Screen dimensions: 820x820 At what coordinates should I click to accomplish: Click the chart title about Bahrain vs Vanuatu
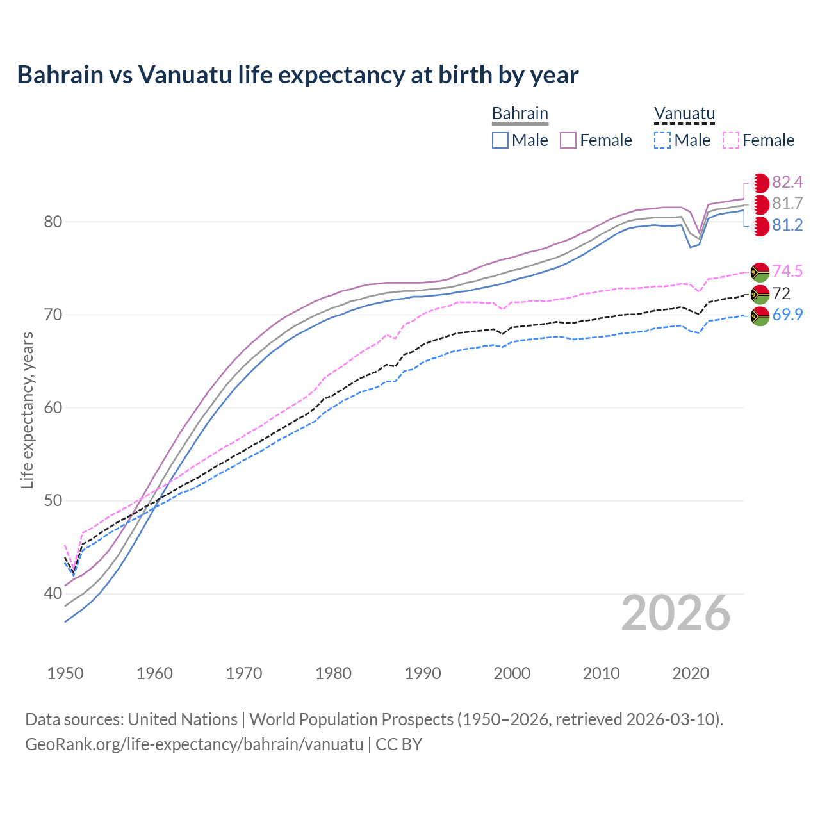coord(297,75)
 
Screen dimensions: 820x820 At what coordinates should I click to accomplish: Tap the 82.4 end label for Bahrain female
coord(787,183)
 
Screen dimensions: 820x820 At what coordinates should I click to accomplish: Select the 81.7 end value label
coord(787,204)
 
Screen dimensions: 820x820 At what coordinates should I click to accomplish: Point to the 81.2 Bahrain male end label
coord(787,225)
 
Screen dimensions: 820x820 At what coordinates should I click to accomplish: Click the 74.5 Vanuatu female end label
coord(787,271)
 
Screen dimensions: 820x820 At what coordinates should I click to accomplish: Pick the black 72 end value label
coord(782,293)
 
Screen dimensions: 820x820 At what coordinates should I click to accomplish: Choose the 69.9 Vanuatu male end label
coord(787,315)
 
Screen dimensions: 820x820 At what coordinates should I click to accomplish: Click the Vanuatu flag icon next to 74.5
coord(760,272)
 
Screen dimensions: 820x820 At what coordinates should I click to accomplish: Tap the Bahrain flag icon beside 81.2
coord(760,226)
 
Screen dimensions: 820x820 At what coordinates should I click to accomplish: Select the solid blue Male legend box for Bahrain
coord(500,140)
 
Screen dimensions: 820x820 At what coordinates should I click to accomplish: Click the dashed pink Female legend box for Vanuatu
coord(731,140)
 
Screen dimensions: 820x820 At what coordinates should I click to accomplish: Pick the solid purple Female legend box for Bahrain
coord(568,140)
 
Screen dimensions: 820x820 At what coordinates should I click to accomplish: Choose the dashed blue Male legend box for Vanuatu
coord(662,140)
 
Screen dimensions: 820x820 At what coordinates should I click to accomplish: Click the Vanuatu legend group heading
coord(684,114)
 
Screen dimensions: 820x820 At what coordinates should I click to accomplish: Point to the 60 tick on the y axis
coord(53,408)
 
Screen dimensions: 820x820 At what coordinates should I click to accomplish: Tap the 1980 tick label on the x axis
coord(333,673)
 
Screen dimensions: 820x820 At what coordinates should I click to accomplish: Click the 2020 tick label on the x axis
coord(691,673)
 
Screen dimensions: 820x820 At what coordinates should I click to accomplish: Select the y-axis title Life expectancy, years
coord(28,410)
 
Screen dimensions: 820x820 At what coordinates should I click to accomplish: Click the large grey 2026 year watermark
coord(675,613)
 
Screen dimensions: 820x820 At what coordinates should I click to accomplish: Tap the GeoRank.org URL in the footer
coord(194,744)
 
